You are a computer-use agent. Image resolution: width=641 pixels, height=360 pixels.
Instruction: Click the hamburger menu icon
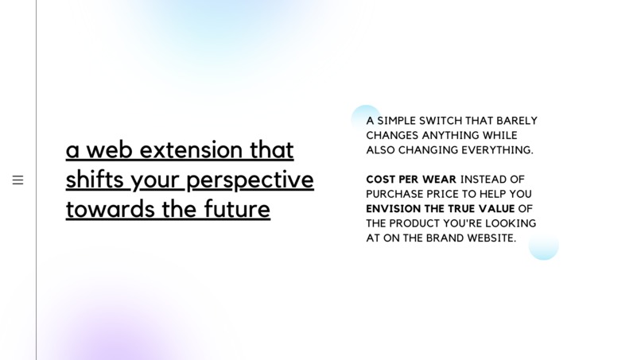click(17, 180)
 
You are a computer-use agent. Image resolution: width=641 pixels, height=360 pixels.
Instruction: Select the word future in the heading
click(237, 209)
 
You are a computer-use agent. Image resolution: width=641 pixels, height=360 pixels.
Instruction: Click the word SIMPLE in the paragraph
click(396, 121)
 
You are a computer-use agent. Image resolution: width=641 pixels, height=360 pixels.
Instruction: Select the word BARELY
click(517, 121)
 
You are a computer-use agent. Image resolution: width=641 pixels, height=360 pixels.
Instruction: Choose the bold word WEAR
click(439, 180)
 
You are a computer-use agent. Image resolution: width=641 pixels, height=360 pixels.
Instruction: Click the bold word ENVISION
click(393, 209)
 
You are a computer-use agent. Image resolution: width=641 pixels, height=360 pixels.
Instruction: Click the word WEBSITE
click(491, 238)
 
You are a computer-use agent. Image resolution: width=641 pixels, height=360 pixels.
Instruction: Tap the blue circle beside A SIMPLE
click(365, 117)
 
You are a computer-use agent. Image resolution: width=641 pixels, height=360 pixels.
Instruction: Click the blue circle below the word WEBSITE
click(544, 247)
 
